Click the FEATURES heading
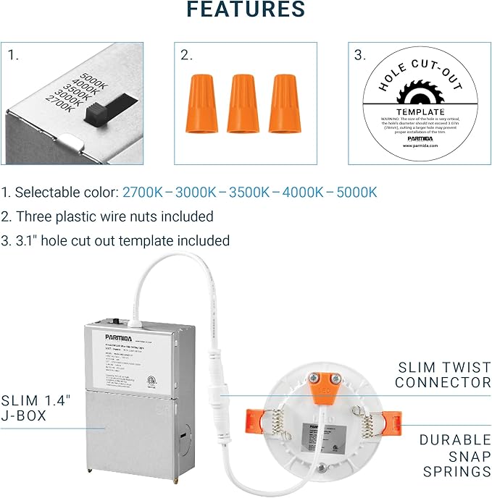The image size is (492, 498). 246,10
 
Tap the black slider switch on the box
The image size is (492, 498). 95,114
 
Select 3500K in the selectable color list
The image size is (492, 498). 249,193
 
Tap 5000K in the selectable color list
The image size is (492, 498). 356,193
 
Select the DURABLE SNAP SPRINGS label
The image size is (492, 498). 454,455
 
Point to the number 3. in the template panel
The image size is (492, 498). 360,55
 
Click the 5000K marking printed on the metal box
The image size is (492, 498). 95,78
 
